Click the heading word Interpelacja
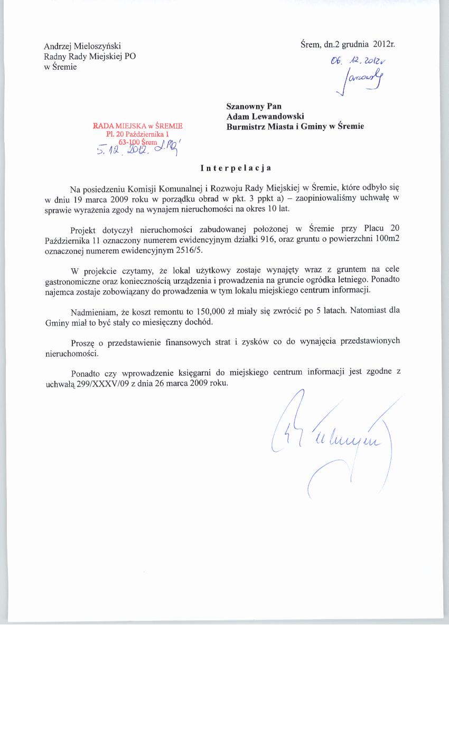[x=236, y=168]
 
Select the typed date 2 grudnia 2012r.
[x=364, y=44]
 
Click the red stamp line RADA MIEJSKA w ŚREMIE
[x=137, y=126]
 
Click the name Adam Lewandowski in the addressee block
[x=265, y=116]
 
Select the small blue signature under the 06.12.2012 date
[x=362, y=81]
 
